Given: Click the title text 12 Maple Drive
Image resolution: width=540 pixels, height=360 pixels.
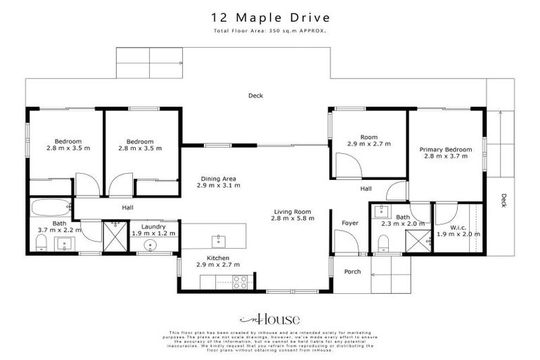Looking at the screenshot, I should [x=269, y=18].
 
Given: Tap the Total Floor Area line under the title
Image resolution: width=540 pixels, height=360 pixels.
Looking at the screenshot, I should [x=269, y=32].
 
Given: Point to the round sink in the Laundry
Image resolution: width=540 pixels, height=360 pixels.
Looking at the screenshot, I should [x=148, y=245].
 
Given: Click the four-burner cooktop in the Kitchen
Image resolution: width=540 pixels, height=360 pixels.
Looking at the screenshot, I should [x=239, y=282].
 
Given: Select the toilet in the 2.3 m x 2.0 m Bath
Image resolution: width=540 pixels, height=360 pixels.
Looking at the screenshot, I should [x=383, y=243].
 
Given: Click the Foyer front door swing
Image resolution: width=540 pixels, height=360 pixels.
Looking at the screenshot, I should [x=346, y=242].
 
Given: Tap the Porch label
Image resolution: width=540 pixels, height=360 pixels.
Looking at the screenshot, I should [x=352, y=271].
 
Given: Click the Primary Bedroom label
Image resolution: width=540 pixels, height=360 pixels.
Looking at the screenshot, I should [x=445, y=149].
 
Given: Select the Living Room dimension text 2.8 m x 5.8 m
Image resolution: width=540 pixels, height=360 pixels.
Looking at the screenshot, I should [x=293, y=219].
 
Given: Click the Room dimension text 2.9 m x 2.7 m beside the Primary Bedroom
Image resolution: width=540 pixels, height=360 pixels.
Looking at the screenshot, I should [x=368, y=143].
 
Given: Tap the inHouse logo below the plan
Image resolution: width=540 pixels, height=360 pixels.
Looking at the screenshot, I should [x=269, y=318].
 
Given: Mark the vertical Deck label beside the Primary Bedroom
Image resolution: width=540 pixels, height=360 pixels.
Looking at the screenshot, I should [x=503, y=200].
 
